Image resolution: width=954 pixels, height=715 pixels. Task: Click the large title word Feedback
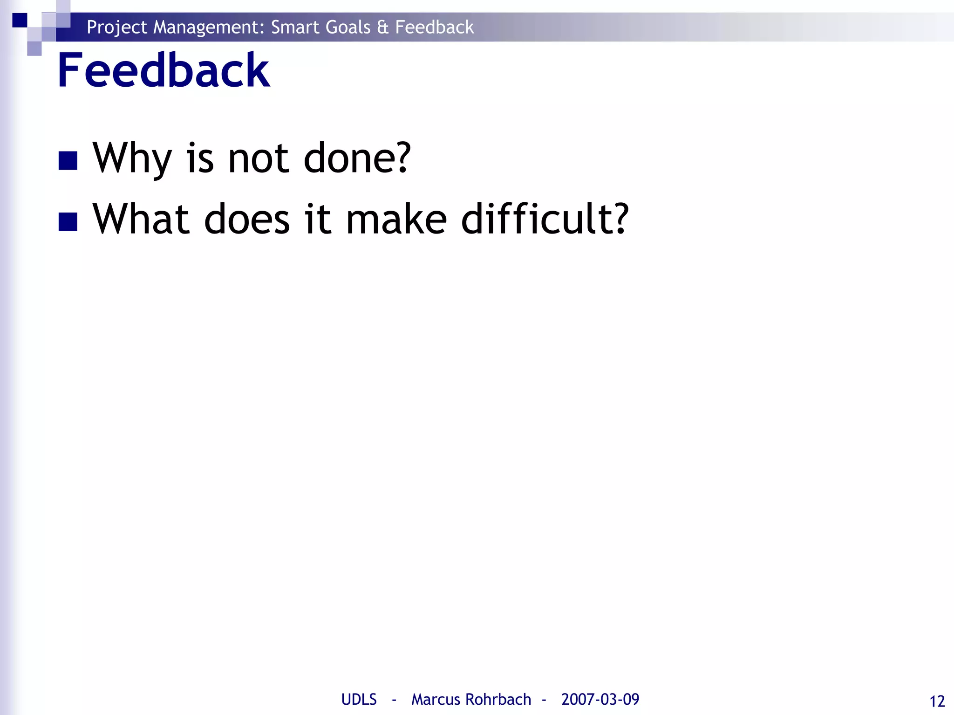pyautogui.click(x=163, y=71)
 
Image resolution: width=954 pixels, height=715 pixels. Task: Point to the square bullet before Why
pyautogui.click(x=68, y=161)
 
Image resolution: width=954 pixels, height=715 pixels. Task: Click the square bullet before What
pyautogui.click(x=68, y=222)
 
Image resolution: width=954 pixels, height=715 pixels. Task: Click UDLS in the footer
pyautogui.click(x=359, y=700)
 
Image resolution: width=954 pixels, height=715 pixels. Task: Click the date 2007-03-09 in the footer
pyautogui.click(x=600, y=700)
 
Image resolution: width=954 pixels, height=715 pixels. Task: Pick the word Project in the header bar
pyautogui.click(x=117, y=27)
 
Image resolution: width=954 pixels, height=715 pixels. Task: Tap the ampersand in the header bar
pyautogui.click(x=382, y=27)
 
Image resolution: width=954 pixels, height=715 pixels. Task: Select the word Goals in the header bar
pyautogui.click(x=348, y=27)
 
